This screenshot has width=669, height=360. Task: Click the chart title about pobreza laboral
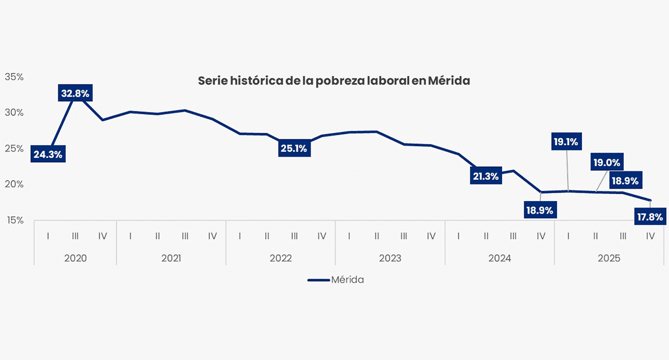pos(334,81)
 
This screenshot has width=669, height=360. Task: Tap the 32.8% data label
pos(75,93)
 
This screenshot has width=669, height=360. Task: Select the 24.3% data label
pos(47,154)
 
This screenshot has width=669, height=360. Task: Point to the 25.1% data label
pos(294,149)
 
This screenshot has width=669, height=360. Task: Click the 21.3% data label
pos(486,176)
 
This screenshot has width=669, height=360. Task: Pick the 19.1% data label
pos(565,141)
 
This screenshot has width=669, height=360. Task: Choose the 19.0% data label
pos(607,163)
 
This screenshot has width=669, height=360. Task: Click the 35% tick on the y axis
pos(14,77)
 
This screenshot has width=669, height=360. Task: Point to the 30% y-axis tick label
pos(14,113)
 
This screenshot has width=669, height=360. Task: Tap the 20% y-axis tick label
pos(14,185)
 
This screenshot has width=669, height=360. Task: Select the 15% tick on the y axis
pos(14,220)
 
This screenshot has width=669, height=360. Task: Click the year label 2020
pos(75,258)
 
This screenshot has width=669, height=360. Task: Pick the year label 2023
pos(390,258)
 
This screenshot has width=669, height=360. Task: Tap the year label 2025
pos(609,258)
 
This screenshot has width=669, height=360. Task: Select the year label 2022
pos(281,258)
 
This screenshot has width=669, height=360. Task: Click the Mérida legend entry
pos(336,280)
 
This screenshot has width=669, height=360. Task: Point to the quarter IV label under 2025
pos(650,235)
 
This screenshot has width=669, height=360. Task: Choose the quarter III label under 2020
pos(75,235)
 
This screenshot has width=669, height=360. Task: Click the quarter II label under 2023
pos(377,235)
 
